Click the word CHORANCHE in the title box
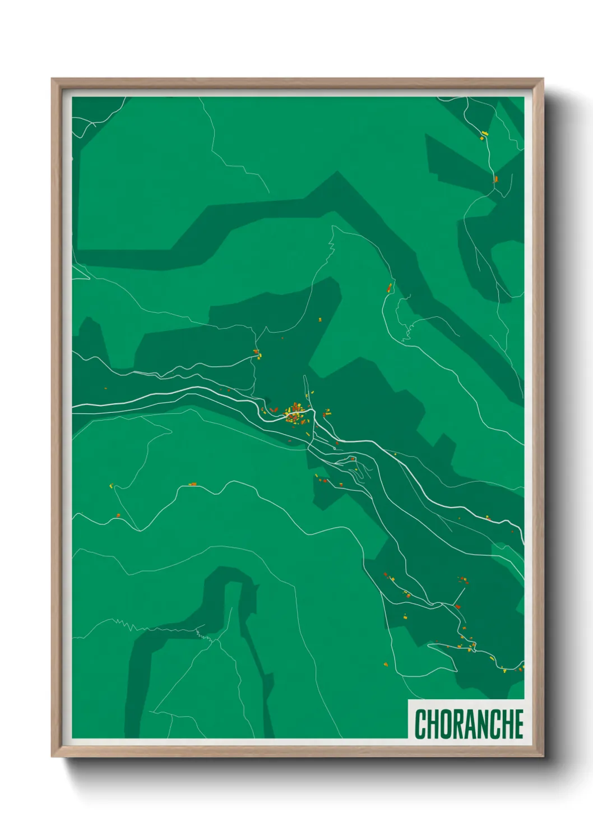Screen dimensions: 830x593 point(469,724)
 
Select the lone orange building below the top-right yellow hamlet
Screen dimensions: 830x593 point(495,179)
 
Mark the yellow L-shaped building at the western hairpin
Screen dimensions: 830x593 point(111,486)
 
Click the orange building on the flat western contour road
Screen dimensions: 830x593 point(193,484)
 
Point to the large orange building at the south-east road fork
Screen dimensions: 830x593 point(457,606)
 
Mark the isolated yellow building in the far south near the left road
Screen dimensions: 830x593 point(385,665)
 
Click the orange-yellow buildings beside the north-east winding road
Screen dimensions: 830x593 point(389,288)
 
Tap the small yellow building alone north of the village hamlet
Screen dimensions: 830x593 point(320,320)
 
